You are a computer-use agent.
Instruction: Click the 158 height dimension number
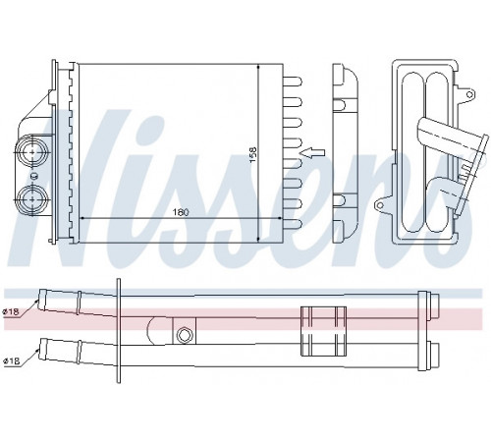pyautogui.click(x=253, y=155)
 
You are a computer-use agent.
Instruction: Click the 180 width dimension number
pyautogui.click(x=181, y=212)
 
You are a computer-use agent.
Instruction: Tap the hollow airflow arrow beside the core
pyautogui.click(x=313, y=152)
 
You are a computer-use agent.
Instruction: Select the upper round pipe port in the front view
pyautogui.click(x=32, y=152)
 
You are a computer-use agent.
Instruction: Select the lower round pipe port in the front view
pyautogui.click(x=32, y=199)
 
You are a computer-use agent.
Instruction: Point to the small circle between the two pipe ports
pyautogui.click(x=32, y=176)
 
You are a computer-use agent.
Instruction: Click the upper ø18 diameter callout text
pyautogui.click(x=11, y=312)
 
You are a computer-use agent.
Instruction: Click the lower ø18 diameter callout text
pyautogui.click(x=11, y=361)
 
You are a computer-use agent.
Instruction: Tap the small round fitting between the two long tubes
pyautogui.click(x=184, y=335)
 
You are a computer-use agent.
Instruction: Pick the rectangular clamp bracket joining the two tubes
pyautogui.click(x=323, y=331)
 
